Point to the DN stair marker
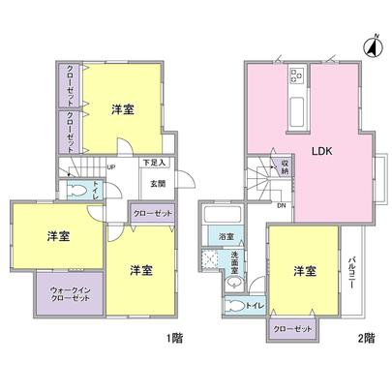click(281, 205)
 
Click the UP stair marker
click(113, 166)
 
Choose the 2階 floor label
click(365, 340)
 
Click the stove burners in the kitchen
click(296, 76)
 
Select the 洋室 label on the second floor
click(304, 270)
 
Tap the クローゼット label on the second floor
click(294, 329)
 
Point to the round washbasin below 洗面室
click(235, 283)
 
